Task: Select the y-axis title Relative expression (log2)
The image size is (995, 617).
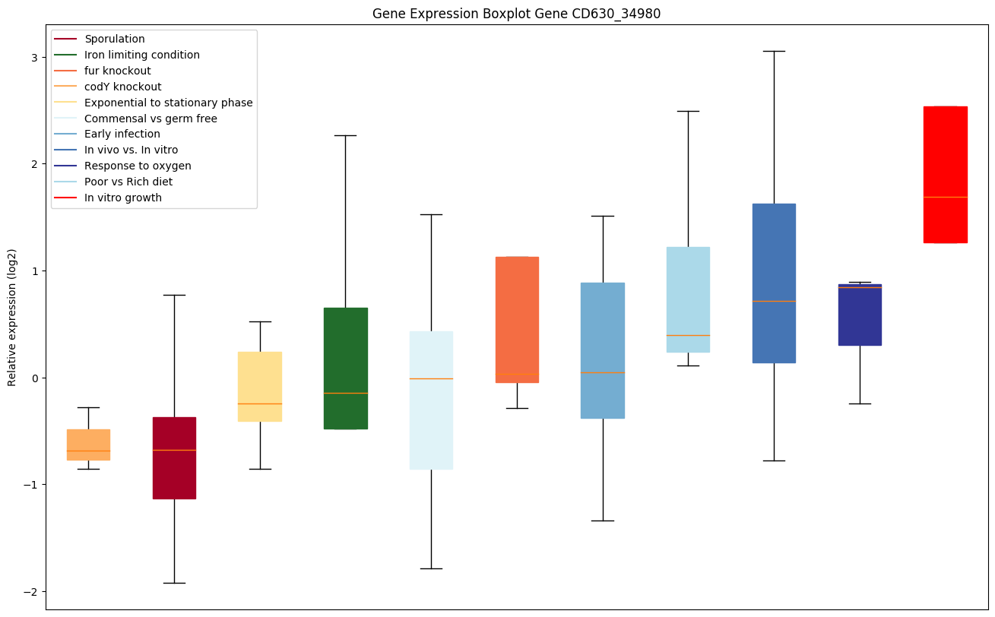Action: tap(12, 317)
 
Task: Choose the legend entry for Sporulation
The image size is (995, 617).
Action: tap(115, 39)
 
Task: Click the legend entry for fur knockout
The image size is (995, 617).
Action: tap(118, 71)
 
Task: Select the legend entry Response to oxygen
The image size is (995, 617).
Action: tap(138, 166)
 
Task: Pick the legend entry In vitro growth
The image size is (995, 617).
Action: tap(123, 198)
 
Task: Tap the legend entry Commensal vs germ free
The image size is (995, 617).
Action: tap(151, 119)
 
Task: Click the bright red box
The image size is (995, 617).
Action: tap(945, 175)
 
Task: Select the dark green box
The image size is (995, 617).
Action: tap(345, 368)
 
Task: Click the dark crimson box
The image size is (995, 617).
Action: tap(174, 457)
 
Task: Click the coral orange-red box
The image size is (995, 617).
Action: tap(517, 319)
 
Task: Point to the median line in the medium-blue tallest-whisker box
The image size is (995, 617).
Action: tap(774, 301)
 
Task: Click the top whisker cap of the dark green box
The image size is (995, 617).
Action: tap(345, 135)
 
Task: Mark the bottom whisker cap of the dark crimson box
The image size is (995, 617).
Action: tap(174, 583)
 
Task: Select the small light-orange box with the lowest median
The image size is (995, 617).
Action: tap(88, 445)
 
